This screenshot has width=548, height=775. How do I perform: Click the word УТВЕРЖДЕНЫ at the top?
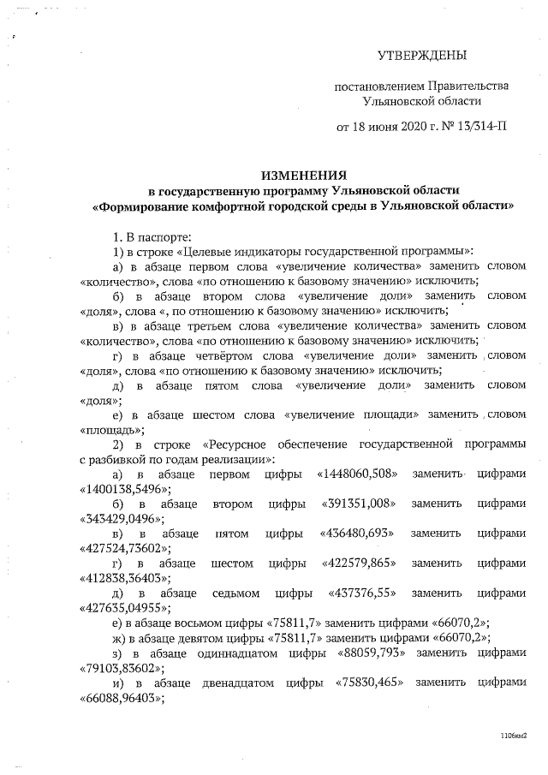423,57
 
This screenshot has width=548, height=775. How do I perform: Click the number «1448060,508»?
356,474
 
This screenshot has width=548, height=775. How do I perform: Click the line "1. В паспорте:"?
153,235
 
